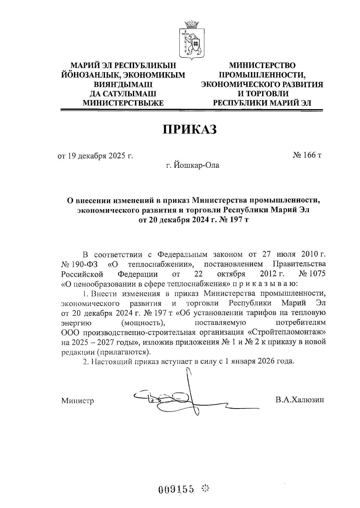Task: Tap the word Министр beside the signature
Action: coord(78,400)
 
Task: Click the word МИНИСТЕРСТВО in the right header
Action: coord(262,65)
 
